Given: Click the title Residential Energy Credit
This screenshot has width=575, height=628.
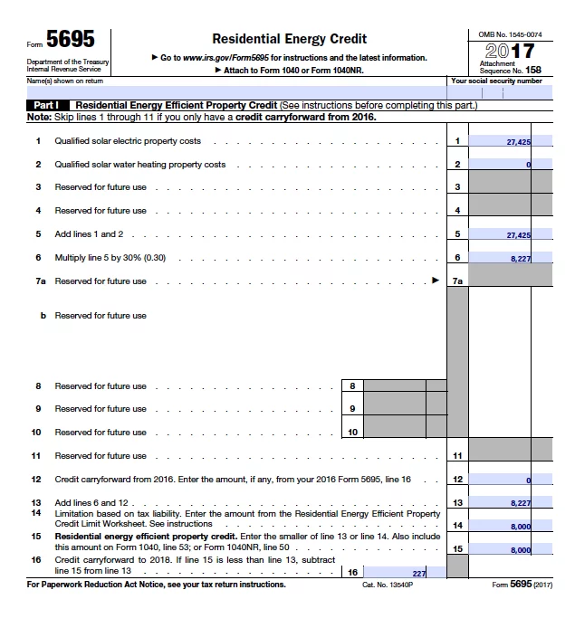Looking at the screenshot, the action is [289, 39].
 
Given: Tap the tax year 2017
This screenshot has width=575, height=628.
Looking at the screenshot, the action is [510, 51].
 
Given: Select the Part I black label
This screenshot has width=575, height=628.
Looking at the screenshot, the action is [47, 106].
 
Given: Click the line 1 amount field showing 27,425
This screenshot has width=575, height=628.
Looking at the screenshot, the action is [506, 142].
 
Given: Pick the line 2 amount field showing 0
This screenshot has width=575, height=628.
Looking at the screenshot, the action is [506, 165].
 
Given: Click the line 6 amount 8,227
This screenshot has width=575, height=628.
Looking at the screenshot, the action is [506, 258].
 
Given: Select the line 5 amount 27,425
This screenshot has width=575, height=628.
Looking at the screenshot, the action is [506, 234].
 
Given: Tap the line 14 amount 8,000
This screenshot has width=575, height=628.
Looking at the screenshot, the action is [506, 526].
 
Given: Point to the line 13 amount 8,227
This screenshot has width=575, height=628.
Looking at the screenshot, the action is [506, 503].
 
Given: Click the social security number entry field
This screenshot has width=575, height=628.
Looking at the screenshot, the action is [501, 91].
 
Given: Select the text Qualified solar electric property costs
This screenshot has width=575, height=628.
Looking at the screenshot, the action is [128, 141].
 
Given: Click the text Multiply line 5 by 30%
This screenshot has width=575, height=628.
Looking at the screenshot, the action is [110, 258].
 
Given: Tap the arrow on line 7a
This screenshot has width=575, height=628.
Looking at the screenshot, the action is [435, 281].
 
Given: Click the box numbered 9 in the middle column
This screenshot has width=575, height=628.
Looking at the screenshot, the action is [351, 409].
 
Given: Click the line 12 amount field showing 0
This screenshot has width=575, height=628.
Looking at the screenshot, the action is [506, 480].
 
